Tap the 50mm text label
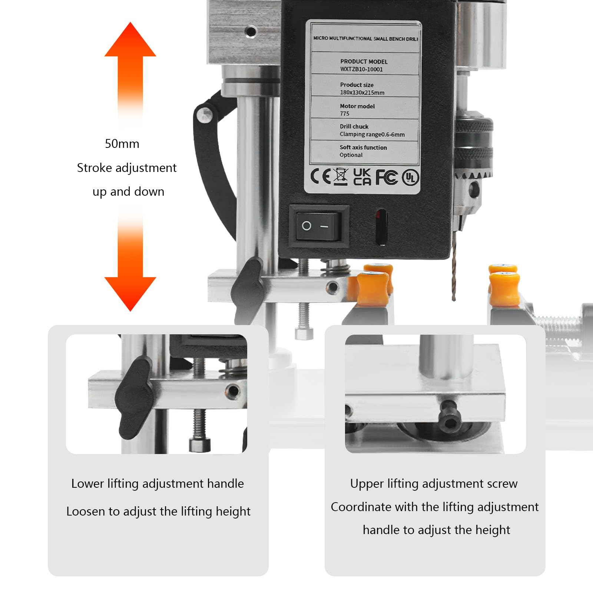click(x=122, y=144)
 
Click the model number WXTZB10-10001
click(x=361, y=69)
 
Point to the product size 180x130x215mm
click(x=362, y=93)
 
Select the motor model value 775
click(x=345, y=114)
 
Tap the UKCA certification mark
click(x=362, y=177)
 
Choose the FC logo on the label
click(x=387, y=177)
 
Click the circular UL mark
click(x=410, y=178)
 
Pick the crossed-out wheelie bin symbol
click(x=341, y=176)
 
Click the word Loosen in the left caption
click(x=86, y=511)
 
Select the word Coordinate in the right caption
click(x=355, y=507)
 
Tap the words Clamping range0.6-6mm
click(x=372, y=135)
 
